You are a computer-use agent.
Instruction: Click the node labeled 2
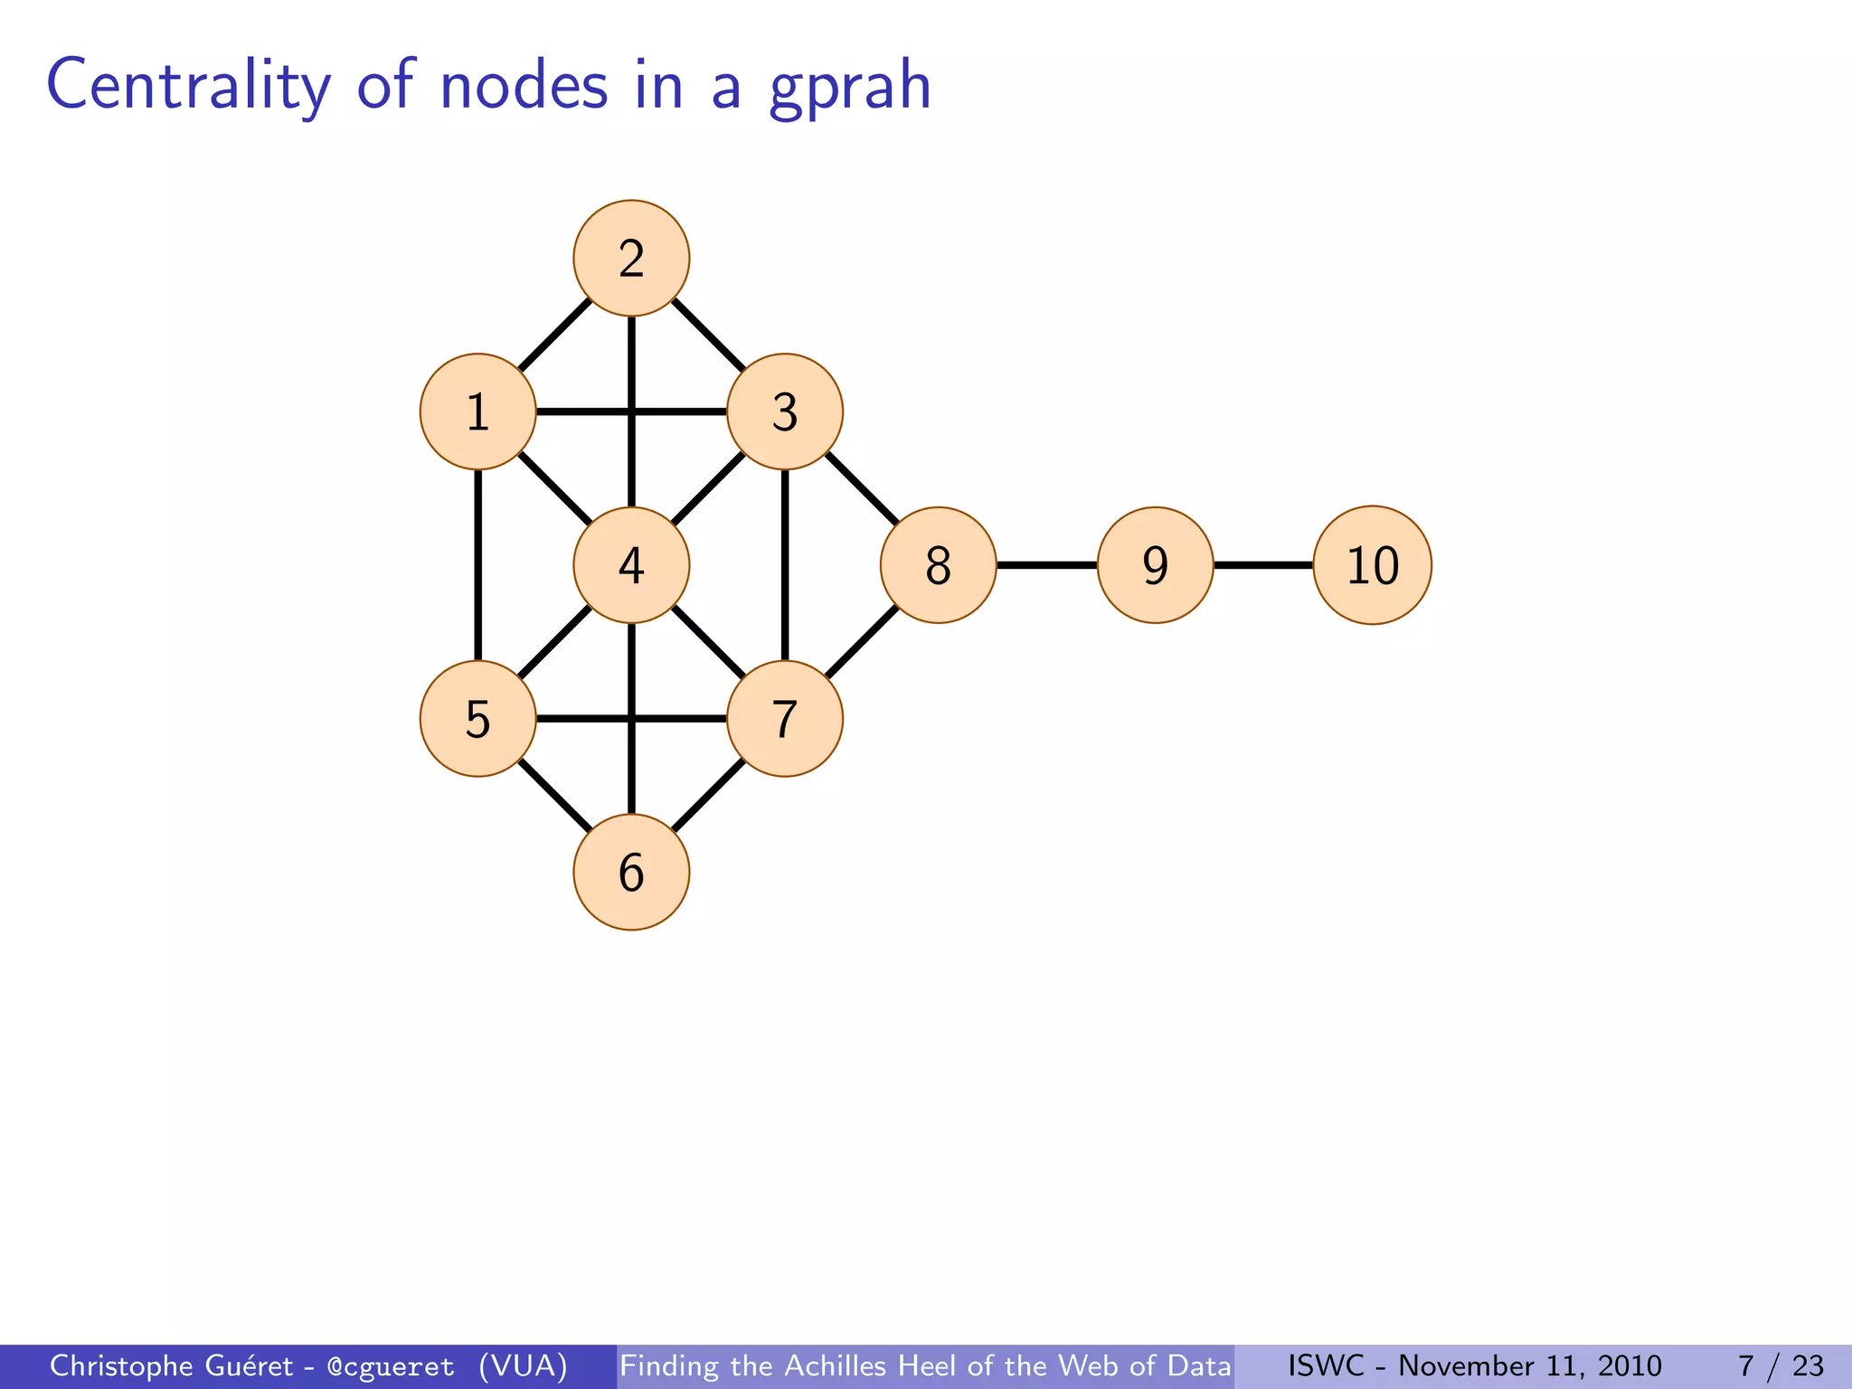coord(631,259)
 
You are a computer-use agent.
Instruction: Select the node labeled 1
coord(477,412)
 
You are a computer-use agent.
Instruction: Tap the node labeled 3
coord(785,412)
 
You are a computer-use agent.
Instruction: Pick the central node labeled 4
coord(631,565)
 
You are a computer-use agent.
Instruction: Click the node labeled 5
coord(477,719)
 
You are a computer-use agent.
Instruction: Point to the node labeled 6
coord(631,873)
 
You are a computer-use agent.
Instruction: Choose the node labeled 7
coord(785,719)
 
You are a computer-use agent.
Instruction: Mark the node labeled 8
coord(939,565)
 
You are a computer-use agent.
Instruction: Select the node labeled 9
coord(1155,565)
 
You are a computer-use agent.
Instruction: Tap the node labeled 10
coord(1372,565)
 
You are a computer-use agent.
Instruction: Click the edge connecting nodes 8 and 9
coord(1046,565)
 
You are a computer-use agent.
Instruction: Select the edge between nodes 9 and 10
coord(1263,565)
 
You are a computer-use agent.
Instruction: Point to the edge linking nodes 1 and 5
coord(477,565)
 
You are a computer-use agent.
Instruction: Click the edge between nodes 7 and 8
coord(862,642)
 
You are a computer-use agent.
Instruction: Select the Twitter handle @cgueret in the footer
coord(391,1366)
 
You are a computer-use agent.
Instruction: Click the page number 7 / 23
coord(1781,1365)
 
